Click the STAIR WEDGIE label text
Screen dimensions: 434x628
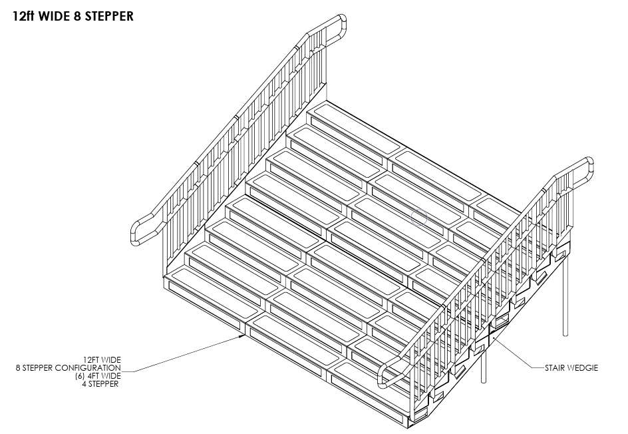click(x=571, y=367)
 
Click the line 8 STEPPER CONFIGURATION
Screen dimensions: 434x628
click(x=69, y=367)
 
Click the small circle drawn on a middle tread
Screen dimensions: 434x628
click(x=418, y=216)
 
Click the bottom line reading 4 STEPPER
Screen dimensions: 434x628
click(x=100, y=384)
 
